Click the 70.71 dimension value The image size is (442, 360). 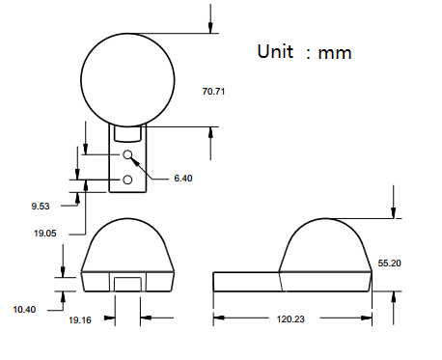point(213,91)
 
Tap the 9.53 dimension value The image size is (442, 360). point(40,206)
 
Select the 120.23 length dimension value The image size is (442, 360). point(293,318)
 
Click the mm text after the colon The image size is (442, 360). point(335,53)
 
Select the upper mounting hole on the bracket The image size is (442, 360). point(127,155)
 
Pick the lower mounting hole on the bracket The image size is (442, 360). point(127,180)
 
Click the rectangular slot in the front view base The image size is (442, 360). point(128,283)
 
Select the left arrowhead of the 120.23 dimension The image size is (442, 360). point(217,317)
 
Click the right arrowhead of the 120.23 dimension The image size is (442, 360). point(368,317)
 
